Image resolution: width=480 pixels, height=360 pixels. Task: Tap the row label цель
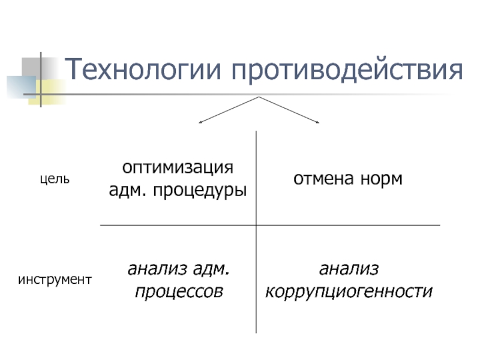click(x=55, y=179)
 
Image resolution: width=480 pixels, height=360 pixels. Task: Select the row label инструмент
click(x=55, y=279)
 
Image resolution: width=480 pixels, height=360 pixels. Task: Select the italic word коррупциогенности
click(x=349, y=292)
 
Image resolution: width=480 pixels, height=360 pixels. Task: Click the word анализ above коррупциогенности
click(x=349, y=268)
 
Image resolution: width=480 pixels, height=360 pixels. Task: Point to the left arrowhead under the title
click(x=200, y=123)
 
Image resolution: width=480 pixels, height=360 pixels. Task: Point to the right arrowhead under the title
click(x=319, y=123)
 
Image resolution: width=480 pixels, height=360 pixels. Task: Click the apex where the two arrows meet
click(x=259, y=97)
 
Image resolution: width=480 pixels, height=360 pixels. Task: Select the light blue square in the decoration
click(x=18, y=84)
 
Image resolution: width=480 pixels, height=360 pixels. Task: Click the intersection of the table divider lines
click(x=256, y=226)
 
